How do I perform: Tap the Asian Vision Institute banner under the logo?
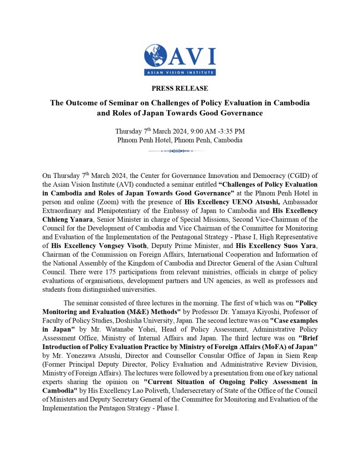180,72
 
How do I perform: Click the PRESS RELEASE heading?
180,88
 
